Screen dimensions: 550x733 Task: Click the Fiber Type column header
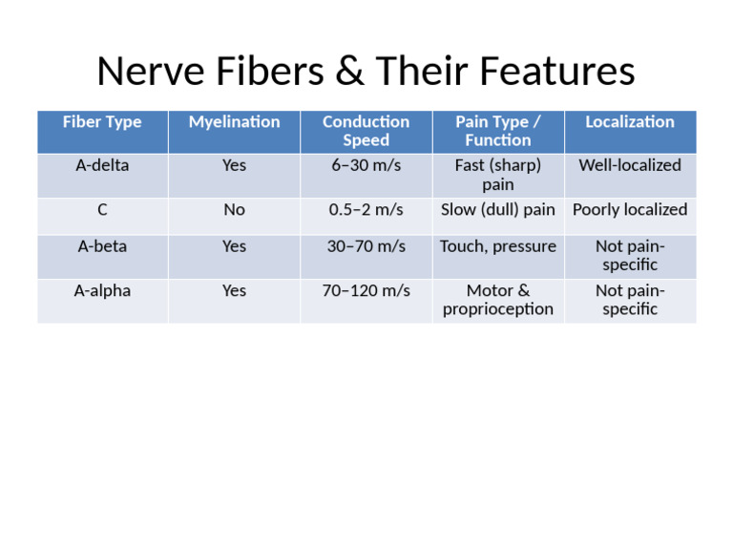coord(102,122)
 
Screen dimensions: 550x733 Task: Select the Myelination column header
coord(234,122)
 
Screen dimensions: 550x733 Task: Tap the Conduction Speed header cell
coord(366,131)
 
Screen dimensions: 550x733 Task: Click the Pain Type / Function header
coord(497,131)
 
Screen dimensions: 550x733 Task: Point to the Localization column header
coord(629,122)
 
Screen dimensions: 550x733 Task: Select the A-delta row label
coord(102,165)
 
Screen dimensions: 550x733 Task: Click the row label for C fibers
coord(102,209)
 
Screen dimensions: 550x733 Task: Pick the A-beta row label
coord(102,246)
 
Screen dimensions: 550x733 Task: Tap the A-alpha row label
coord(102,290)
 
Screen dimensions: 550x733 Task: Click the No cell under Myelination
coord(234,209)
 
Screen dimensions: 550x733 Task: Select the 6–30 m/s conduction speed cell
coord(366,165)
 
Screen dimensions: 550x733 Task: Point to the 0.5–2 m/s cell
coord(366,209)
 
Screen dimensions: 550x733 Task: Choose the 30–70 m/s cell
coord(366,246)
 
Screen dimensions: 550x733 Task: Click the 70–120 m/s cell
coord(366,290)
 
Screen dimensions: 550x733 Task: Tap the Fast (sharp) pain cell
coord(497,175)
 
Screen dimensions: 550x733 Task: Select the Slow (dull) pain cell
coord(497,209)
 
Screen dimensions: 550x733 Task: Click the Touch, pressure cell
coord(497,246)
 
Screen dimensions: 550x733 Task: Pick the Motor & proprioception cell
coord(497,300)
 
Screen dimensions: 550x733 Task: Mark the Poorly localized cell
coord(629,209)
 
